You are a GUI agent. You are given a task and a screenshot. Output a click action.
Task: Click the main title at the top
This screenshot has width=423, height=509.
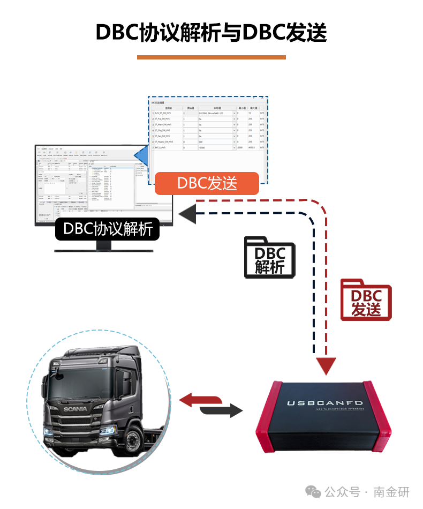point(211,32)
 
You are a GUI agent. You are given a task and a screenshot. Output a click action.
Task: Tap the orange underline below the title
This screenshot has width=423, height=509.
point(211,57)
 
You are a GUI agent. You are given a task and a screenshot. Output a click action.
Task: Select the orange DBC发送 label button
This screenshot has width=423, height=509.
point(207,183)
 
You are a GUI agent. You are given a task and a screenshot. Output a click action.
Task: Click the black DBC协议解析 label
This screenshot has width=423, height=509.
point(108,229)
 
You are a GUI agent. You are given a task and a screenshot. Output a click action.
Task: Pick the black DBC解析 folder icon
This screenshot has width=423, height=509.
point(269,257)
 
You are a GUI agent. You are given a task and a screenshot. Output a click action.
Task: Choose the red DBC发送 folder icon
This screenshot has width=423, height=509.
point(366,300)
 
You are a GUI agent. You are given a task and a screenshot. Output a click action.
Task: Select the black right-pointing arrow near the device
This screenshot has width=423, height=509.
point(222,411)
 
